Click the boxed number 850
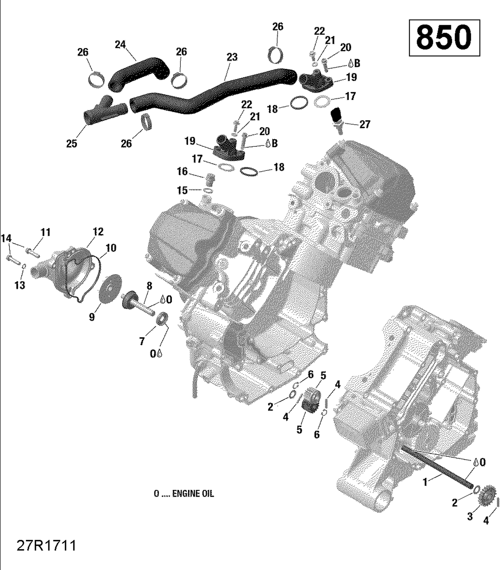click(444, 38)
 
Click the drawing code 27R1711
click(47, 546)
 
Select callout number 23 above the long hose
click(232, 57)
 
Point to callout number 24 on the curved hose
click(120, 45)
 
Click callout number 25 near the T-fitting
click(72, 143)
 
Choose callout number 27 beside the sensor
click(365, 125)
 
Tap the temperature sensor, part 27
click(337, 117)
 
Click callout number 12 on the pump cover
click(98, 231)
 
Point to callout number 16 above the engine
click(182, 171)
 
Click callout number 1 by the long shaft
click(425, 482)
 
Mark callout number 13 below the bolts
click(20, 285)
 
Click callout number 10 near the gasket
click(111, 248)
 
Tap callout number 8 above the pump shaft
click(149, 286)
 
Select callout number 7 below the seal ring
click(142, 341)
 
